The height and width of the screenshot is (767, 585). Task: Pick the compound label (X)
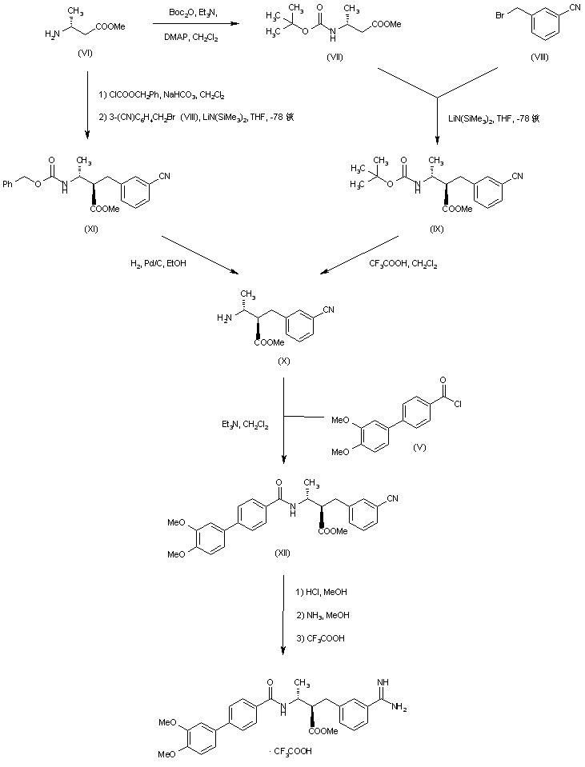coord(283,362)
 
